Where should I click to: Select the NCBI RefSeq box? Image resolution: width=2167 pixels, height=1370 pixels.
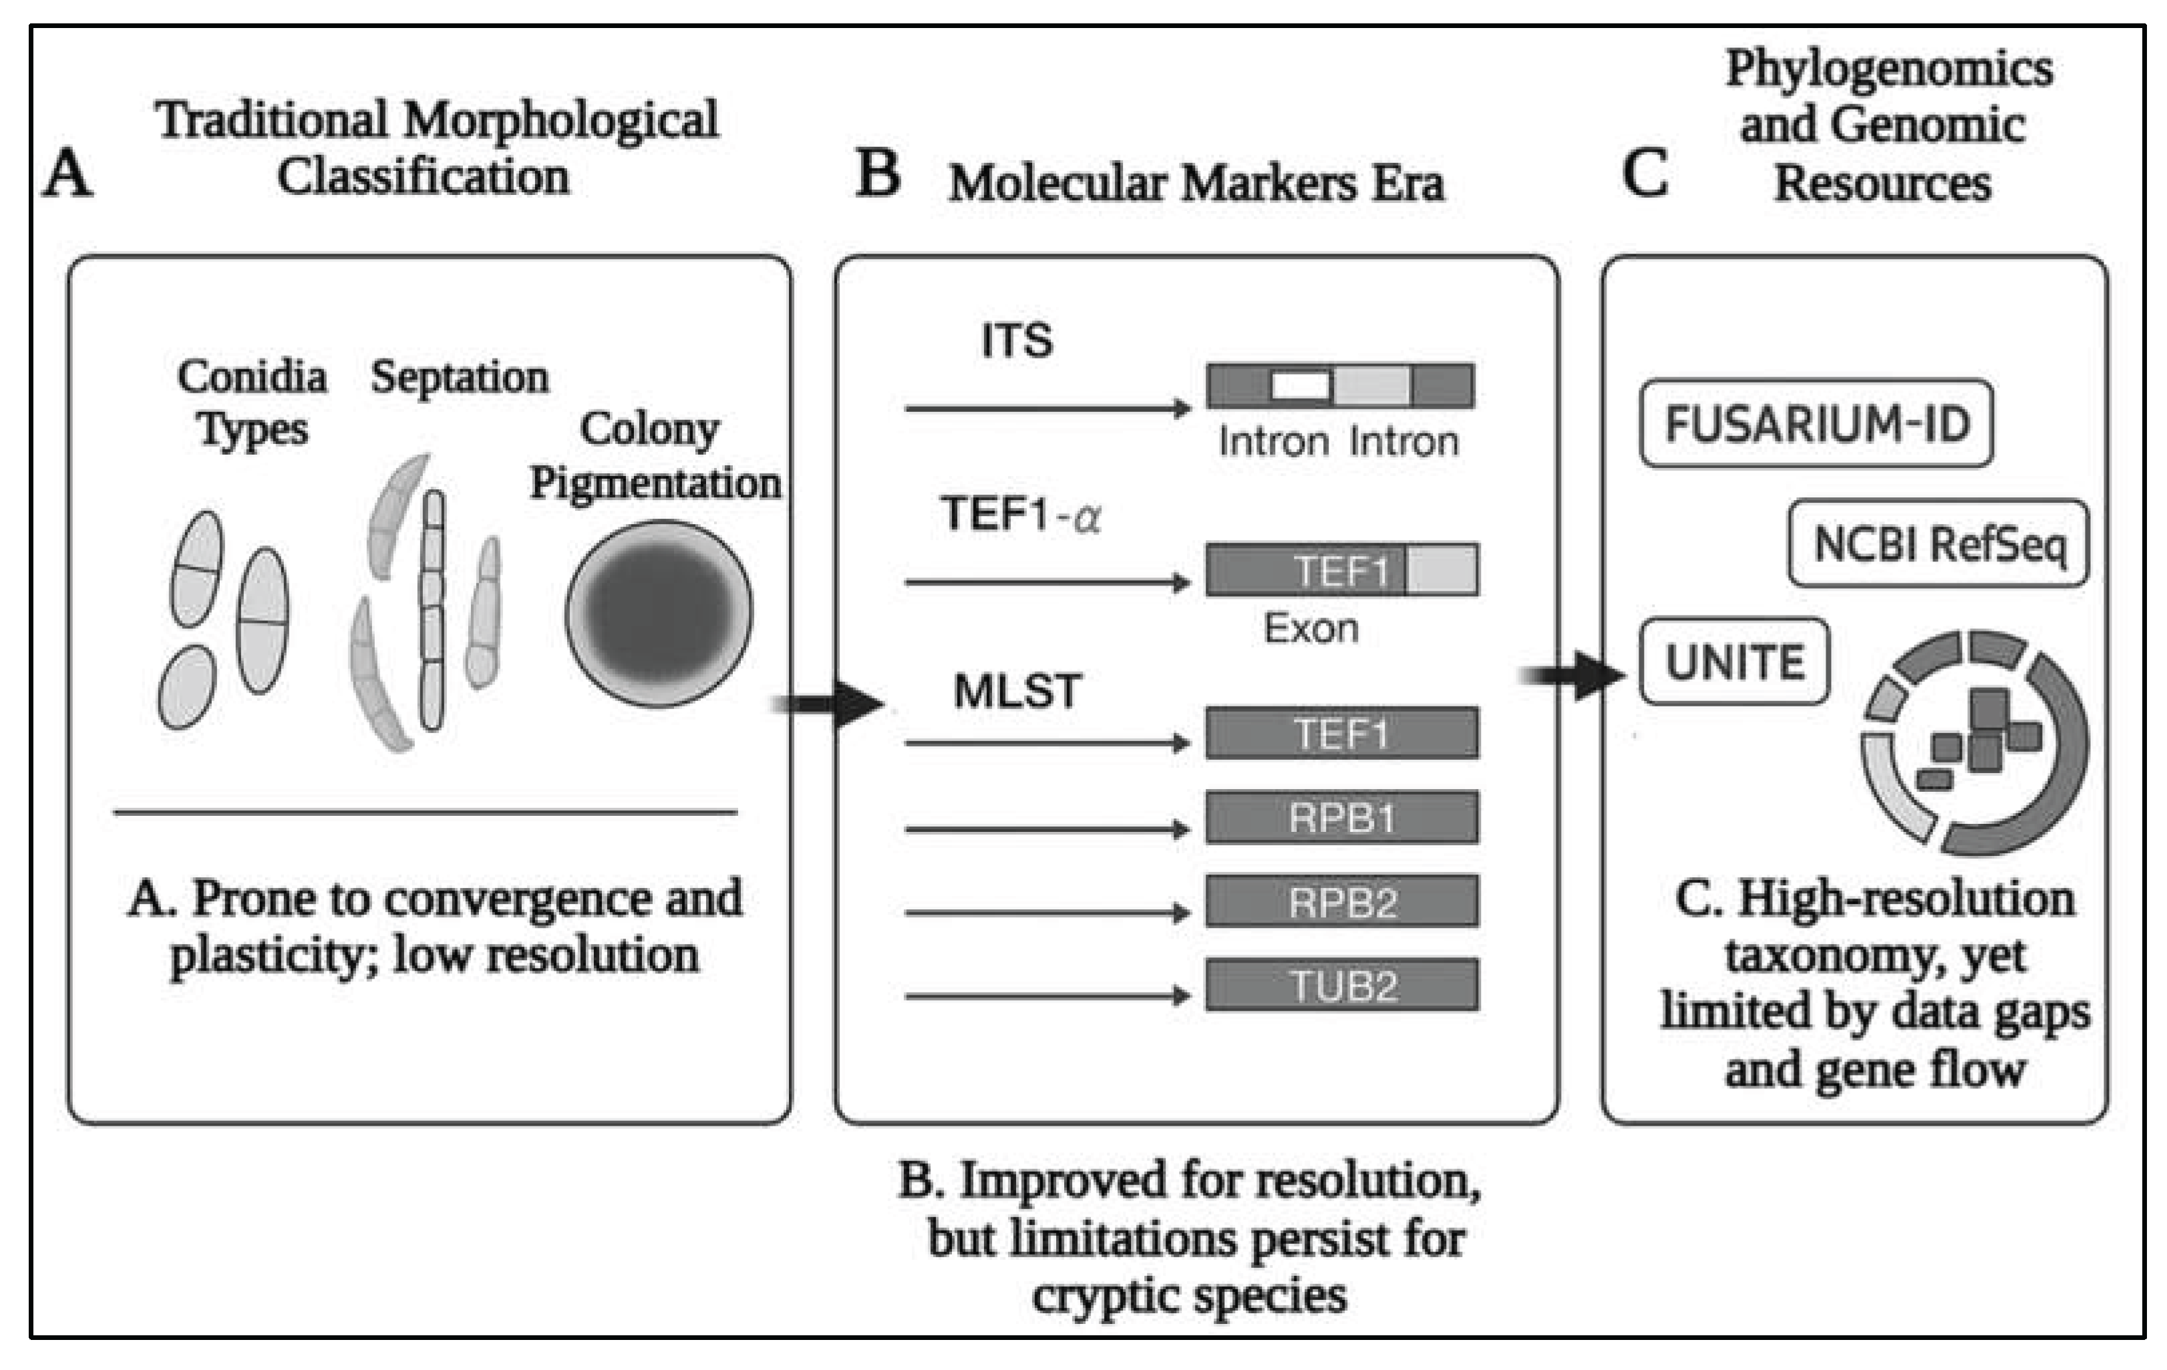(x=1939, y=544)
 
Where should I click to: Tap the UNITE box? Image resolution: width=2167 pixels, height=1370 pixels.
(x=1734, y=663)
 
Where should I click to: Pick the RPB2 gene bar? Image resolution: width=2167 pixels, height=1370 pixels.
(x=1342, y=901)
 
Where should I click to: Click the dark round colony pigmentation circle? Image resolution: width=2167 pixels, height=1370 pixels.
(x=659, y=614)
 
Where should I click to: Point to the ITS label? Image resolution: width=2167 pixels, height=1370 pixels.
(x=1016, y=341)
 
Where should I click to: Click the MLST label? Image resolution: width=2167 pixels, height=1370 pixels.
(x=1017, y=692)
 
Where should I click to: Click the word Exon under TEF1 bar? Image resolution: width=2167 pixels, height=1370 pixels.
(x=1310, y=628)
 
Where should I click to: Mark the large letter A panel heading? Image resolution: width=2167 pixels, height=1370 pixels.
(x=67, y=173)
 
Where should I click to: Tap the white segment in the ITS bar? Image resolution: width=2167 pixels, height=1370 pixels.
(x=1301, y=386)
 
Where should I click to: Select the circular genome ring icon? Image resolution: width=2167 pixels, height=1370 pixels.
(x=1975, y=742)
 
